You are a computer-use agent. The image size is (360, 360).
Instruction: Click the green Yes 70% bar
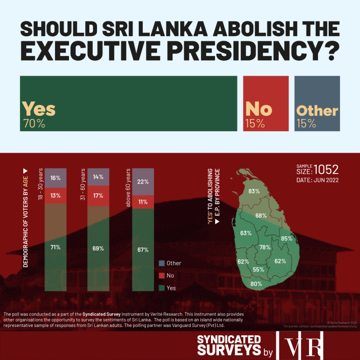(128, 104)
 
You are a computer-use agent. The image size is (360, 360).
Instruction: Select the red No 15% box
(266, 104)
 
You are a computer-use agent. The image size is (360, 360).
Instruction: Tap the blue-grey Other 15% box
(317, 104)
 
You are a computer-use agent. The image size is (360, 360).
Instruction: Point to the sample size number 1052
(326, 169)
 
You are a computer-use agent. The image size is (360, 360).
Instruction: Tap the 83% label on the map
(254, 191)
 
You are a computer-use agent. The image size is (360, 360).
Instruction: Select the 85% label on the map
(286, 238)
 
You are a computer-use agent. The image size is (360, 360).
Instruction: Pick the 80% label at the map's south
(256, 284)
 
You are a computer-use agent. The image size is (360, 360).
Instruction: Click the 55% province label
(258, 269)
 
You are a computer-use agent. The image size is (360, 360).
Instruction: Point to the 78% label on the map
(265, 247)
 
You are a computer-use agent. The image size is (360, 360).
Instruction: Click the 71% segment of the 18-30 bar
(55, 247)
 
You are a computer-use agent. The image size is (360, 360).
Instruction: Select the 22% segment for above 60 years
(143, 182)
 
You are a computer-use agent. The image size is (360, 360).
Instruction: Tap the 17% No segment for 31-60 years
(98, 196)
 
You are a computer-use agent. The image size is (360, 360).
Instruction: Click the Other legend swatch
(161, 263)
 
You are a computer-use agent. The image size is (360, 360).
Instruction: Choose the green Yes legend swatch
(161, 288)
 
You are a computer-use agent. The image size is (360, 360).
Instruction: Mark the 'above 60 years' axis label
(127, 186)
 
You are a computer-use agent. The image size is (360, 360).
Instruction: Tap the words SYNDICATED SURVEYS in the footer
(229, 345)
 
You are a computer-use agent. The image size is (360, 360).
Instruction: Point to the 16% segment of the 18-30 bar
(55, 178)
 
